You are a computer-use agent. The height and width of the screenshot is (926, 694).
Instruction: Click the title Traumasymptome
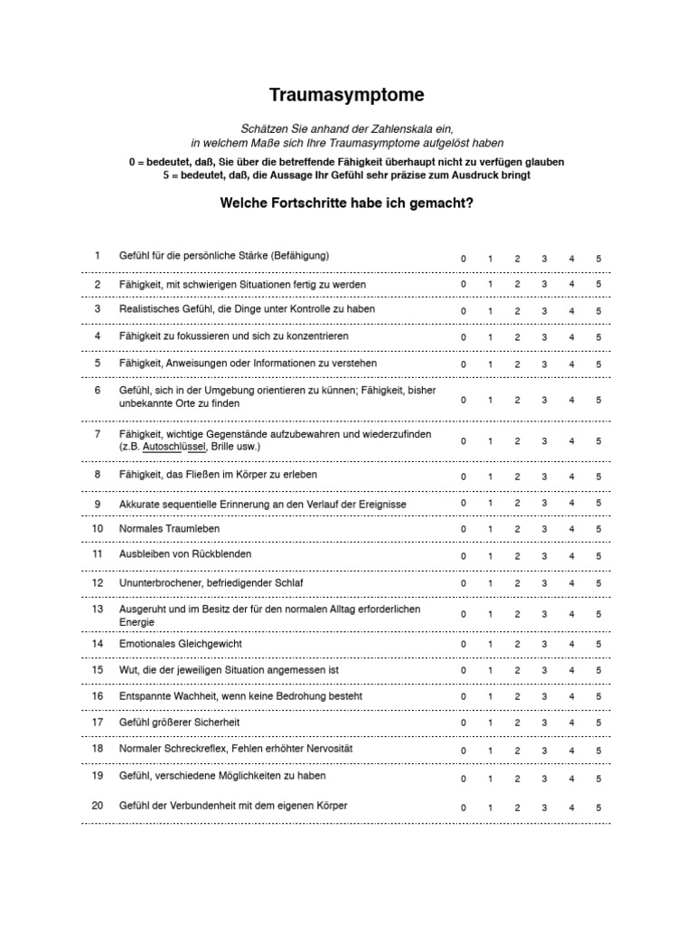pos(347,95)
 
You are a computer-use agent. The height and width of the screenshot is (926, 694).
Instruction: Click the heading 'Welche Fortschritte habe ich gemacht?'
pos(347,203)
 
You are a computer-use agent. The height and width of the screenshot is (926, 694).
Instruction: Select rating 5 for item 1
pos(598,260)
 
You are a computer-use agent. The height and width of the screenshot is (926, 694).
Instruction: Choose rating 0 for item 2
pos(464,284)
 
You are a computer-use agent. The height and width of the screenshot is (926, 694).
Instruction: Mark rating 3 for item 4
pos(544,337)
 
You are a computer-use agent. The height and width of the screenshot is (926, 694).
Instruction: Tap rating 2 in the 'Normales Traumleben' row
pos(517,530)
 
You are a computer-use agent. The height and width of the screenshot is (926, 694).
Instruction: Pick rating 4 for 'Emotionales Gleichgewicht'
pos(571,645)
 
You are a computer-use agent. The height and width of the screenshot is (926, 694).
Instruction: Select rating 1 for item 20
pos(490,808)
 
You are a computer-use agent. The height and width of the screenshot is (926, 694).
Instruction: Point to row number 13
pos(98,609)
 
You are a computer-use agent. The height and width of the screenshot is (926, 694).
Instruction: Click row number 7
pos(98,434)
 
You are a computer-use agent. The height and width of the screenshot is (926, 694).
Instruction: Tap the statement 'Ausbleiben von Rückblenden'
pos(185,553)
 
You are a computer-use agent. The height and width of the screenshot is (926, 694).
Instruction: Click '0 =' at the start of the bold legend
pos(136,161)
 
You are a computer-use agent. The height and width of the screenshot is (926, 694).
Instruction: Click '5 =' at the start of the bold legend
pos(170,175)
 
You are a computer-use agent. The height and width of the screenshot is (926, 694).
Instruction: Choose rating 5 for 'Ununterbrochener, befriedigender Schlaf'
pos(598,584)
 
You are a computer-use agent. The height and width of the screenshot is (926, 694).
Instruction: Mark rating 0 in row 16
pos(464,698)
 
